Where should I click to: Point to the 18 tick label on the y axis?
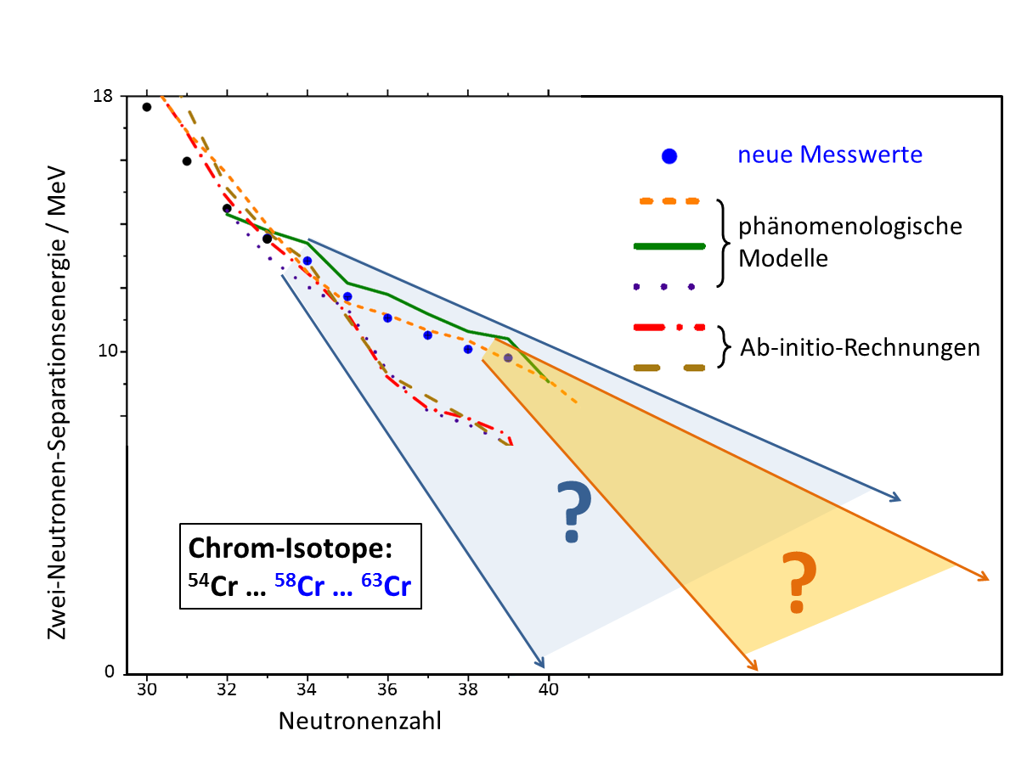pos(104,96)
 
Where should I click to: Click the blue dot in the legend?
pos(669,155)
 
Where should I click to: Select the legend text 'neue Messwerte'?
pos(830,155)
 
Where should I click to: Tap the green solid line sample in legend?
pos(669,246)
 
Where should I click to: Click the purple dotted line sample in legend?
pos(665,287)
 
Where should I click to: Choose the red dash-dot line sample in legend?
pos(669,327)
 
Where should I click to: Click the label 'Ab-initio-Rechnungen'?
pos(860,347)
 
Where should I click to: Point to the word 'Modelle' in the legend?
pos(782,259)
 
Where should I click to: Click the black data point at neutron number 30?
pos(147,107)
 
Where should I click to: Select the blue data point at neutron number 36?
pos(387,318)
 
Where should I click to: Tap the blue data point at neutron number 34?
pos(308,261)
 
